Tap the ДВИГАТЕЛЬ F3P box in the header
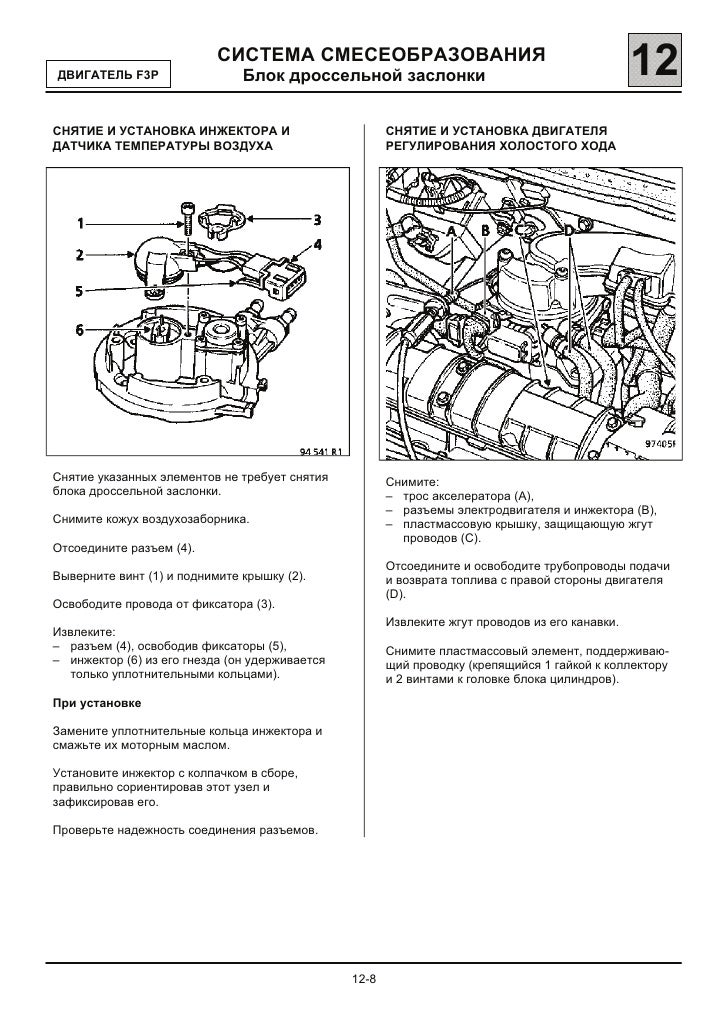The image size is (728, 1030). tap(108, 75)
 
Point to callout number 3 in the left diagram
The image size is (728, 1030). tap(317, 219)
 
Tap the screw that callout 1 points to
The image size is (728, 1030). tap(187, 217)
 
